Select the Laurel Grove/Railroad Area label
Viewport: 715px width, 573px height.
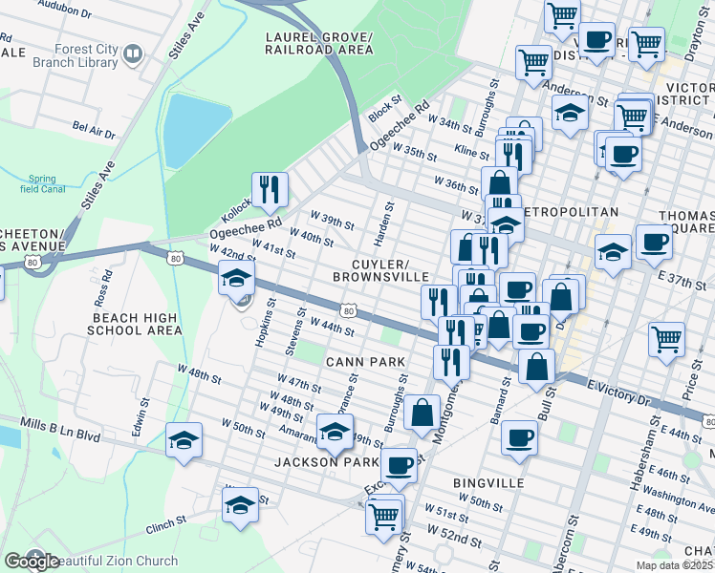point(318,42)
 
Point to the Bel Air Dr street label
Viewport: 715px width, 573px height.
point(94,127)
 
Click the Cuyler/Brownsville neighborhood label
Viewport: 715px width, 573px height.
point(380,270)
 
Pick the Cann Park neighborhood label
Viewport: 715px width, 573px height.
point(365,361)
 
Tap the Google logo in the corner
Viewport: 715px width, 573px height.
point(31,562)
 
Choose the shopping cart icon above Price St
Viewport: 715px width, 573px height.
point(666,338)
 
